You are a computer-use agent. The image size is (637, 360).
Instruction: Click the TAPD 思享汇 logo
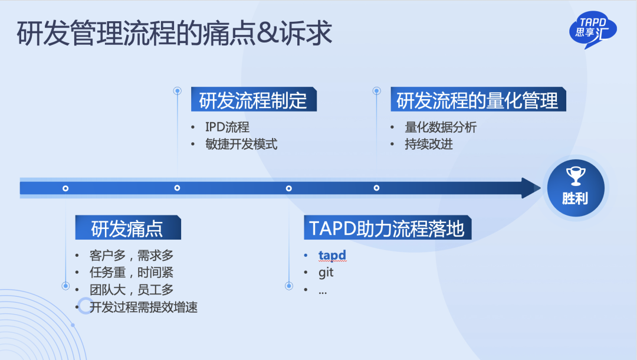tap(593, 30)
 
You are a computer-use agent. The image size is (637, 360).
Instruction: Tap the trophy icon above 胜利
tap(576, 176)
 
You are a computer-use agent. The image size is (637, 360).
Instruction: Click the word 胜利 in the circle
tap(575, 198)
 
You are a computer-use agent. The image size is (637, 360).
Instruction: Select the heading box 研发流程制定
tap(254, 100)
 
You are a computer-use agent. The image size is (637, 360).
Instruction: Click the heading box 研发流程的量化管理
tap(478, 100)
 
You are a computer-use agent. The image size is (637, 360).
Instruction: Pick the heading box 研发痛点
tap(128, 228)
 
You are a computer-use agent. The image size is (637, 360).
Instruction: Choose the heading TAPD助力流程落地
tap(388, 228)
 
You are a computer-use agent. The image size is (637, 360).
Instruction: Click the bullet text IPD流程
tap(227, 127)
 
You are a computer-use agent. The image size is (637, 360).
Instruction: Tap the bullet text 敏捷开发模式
tap(241, 144)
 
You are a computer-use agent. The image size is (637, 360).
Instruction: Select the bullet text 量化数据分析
tap(441, 127)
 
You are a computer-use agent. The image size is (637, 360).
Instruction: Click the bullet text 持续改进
tap(429, 144)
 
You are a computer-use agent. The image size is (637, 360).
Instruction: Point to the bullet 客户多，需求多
tap(131, 256)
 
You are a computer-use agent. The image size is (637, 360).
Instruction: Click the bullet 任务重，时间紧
tap(131, 273)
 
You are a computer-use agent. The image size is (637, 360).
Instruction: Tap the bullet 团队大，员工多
tap(131, 290)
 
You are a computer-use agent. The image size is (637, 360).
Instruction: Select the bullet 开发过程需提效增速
tap(143, 307)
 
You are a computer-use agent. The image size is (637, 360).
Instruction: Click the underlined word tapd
tap(332, 255)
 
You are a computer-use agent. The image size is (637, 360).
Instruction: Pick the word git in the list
tap(326, 273)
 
